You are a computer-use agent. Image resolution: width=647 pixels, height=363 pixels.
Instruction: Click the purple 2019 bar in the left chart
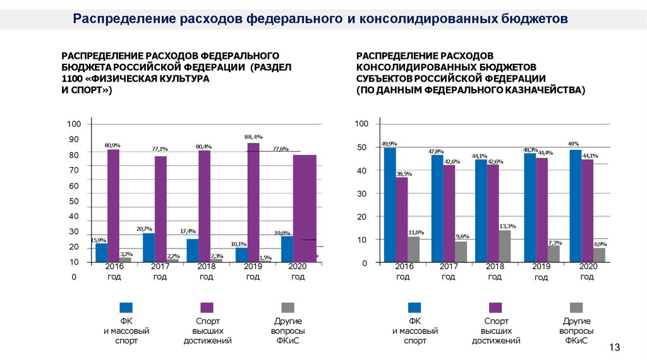pyautogui.click(x=253, y=202)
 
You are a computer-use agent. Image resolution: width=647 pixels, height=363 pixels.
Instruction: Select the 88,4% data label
pyautogui.click(x=253, y=137)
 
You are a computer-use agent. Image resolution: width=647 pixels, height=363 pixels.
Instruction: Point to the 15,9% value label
pyautogui.click(x=98, y=240)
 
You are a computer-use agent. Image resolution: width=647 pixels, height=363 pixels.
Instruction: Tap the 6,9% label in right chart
pyautogui.click(x=600, y=244)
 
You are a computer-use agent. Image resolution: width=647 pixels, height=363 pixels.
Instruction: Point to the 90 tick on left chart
pyautogui.click(x=74, y=139)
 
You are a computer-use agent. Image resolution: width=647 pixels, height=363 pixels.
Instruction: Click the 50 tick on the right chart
pyautogui.click(x=362, y=147)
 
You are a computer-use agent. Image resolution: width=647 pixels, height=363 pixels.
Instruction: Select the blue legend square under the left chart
pyautogui.click(x=126, y=308)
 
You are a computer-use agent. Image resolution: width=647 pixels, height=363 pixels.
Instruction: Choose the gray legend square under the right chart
pyautogui.click(x=576, y=308)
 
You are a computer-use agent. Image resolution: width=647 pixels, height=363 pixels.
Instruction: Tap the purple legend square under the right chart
pyautogui.click(x=495, y=308)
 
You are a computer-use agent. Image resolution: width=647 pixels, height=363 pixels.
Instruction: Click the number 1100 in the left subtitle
pyautogui.click(x=71, y=79)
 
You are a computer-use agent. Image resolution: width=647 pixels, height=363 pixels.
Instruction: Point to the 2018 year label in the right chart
pyautogui.click(x=495, y=267)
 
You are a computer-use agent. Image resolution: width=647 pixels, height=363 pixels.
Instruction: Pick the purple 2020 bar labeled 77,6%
pyautogui.click(x=305, y=208)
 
